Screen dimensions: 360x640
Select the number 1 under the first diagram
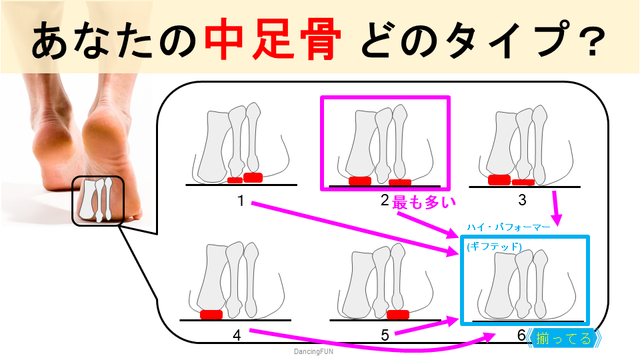point(241,200)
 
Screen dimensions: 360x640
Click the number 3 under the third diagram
point(522,199)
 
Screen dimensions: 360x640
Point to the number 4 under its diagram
point(237,335)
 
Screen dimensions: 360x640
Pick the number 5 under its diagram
point(385,335)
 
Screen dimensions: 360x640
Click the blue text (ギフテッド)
point(494,247)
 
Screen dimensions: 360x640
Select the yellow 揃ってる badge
point(564,339)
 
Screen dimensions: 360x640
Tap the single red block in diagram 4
point(211,314)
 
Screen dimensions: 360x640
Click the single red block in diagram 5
point(397,315)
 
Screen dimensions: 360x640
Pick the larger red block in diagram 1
point(253,177)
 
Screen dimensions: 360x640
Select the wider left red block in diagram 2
point(360,181)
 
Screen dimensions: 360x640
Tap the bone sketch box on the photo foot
point(97,199)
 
